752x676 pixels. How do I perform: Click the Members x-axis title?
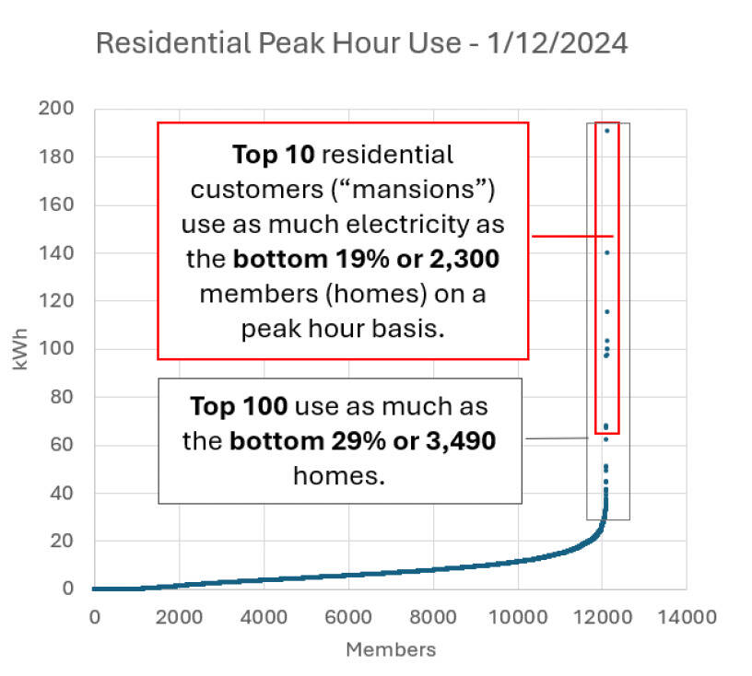390,649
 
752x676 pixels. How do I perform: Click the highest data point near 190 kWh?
606,131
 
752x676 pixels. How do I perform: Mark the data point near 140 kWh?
606,252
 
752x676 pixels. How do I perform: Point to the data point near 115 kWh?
606,311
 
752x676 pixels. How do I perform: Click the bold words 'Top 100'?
243,406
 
